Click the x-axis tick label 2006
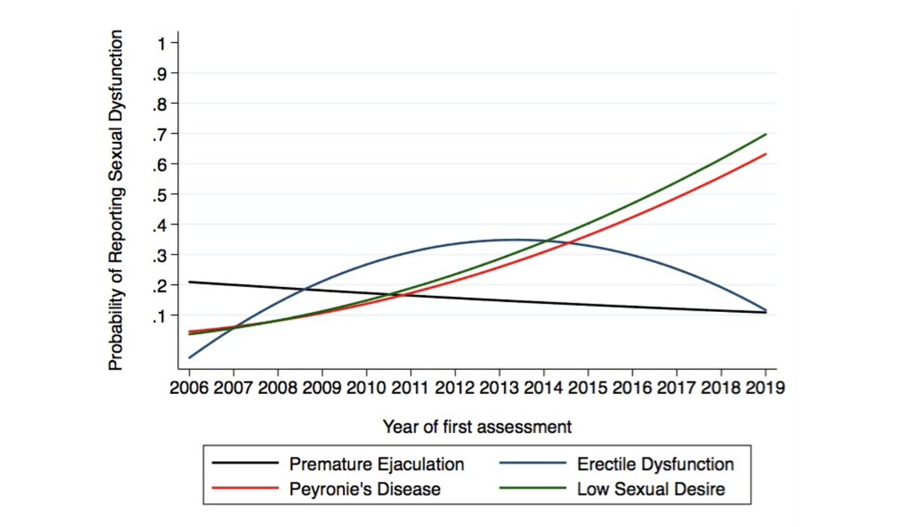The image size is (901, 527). coord(189,389)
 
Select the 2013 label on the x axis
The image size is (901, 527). coord(499,389)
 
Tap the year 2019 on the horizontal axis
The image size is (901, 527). coord(765,389)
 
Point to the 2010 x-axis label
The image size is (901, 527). coord(366,389)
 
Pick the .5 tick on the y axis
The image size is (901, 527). coord(161,194)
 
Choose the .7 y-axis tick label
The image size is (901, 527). coord(161,134)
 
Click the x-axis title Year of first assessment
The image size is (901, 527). coord(477,427)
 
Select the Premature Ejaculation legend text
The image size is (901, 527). coord(377,464)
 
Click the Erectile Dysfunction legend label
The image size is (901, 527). coord(655,464)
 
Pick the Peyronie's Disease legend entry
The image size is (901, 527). coord(365,489)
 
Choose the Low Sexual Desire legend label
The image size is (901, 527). coord(651,489)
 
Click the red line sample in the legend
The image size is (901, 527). coord(244,489)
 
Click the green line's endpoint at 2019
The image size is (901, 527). coord(765,135)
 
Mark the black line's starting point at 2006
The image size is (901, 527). coord(189,282)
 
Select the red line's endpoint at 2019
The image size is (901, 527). coord(765,154)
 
